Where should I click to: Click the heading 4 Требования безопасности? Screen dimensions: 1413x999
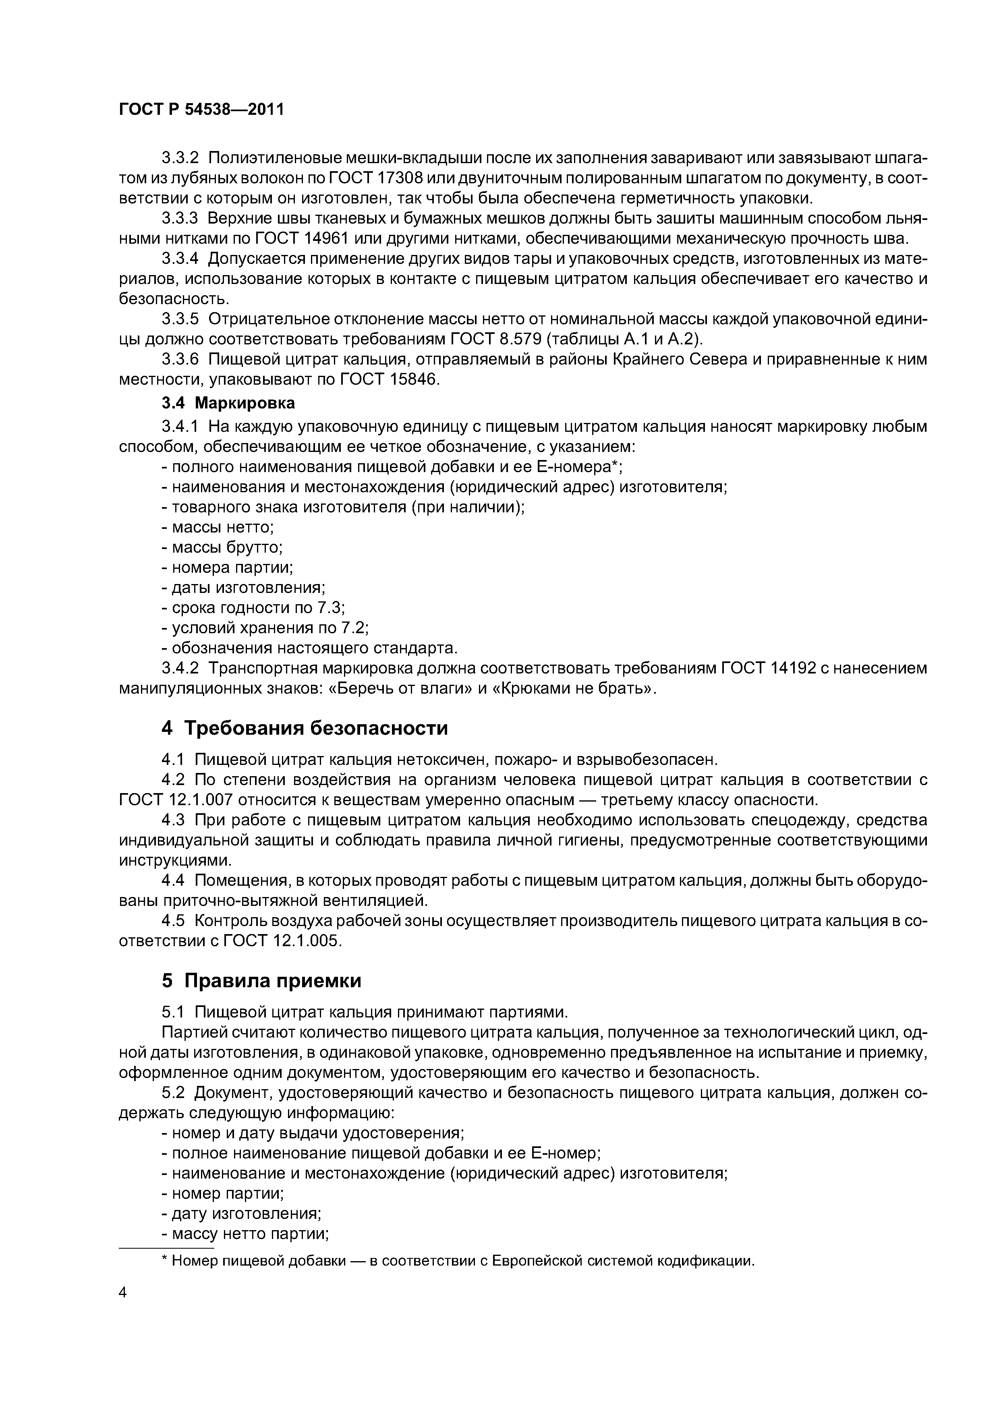tap(305, 728)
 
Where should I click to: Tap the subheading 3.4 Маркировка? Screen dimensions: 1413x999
tap(228, 403)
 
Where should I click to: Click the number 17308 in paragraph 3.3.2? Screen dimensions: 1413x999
tap(398, 178)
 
